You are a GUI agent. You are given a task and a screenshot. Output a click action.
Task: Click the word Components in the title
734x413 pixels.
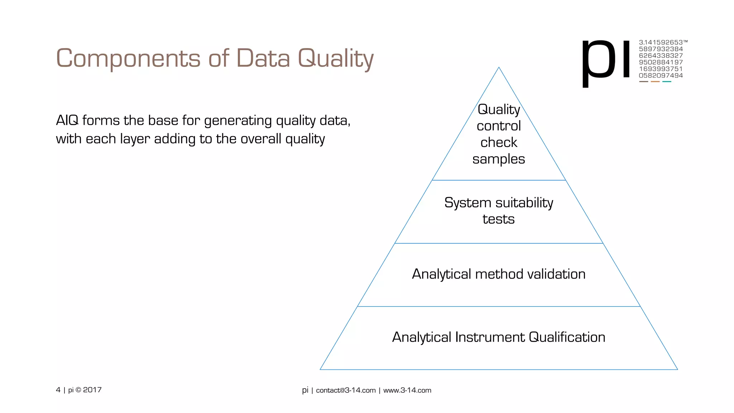(x=128, y=58)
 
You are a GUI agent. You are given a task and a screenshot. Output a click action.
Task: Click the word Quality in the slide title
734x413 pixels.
(x=336, y=58)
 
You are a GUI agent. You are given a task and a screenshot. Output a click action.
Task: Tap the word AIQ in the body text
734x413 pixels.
(x=67, y=120)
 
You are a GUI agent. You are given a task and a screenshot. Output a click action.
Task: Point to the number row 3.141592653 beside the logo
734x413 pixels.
(x=661, y=42)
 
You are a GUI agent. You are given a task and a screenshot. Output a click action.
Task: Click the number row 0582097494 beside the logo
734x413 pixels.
(x=661, y=76)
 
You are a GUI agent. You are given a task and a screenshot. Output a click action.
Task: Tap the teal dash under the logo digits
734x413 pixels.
(x=667, y=82)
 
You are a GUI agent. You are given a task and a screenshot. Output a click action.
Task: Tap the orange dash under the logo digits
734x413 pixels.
(x=655, y=82)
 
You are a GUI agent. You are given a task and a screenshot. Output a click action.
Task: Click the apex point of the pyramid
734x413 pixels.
(x=499, y=68)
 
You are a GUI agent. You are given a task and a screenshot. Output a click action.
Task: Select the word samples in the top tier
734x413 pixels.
(x=499, y=159)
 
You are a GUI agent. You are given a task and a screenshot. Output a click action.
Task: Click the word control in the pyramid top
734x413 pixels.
(x=499, y=126)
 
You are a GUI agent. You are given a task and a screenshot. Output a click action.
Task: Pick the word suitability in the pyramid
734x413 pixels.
(x=524, y=203)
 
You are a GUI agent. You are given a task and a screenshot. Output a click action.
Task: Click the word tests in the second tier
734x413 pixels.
(x=499, y=219)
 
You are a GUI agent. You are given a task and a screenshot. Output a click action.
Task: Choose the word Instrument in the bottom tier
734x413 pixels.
(x=490, y=337)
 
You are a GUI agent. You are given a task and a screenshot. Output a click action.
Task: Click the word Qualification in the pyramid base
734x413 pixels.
(x=567, y=337)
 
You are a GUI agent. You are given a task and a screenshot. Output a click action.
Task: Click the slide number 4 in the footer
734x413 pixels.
(x=58, y=390)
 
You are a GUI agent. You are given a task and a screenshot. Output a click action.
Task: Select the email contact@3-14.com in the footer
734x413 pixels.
(x=346, y=390)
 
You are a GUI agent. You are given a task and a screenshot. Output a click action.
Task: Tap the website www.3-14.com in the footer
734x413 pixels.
(x=407, y=390)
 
